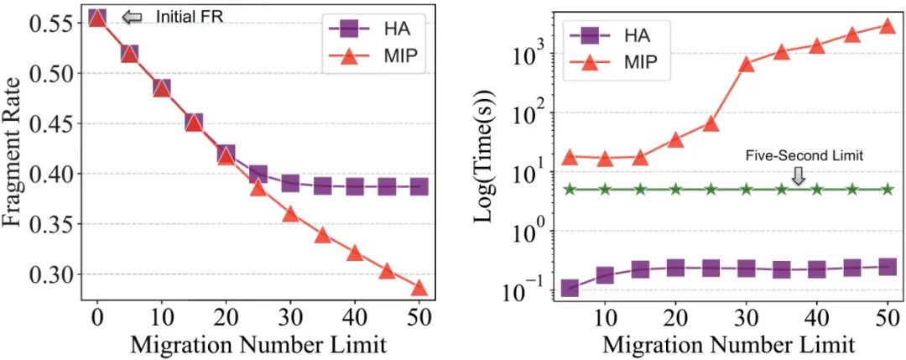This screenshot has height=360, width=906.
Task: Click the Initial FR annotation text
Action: [x=189, y=17]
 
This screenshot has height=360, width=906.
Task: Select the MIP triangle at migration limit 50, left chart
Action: [x=419, y=289]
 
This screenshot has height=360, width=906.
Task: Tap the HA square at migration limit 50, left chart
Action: [x=419, y=186]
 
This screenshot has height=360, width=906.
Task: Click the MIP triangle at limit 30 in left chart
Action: [x=290, y=214]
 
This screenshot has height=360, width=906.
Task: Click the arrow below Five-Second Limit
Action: [x=798, y=175]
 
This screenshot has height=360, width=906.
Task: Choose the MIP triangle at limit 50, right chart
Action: [x=888, y=26]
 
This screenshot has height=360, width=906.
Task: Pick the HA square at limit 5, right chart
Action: [x=570, y=288]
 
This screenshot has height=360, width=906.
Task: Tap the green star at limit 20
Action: [x=676, y=189]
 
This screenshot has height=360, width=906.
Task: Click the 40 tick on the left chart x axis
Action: [x=354, y=321]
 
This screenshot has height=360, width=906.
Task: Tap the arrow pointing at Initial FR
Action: [x=131, y=17]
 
